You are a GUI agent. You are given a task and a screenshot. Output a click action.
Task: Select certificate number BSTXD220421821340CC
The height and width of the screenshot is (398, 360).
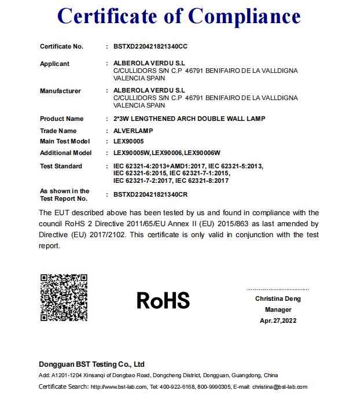point(150,46)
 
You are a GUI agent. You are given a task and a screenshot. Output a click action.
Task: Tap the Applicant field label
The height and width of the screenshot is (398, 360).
point(54,64)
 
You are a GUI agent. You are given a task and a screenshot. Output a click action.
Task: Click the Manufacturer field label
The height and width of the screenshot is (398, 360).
point(60,91)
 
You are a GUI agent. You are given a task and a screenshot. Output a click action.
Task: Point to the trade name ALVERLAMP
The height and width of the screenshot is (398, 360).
point(133,131)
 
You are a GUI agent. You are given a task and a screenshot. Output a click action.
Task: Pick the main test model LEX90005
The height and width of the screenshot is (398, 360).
point(128,141)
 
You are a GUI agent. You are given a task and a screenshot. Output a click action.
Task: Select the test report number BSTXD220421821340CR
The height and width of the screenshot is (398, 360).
point(150,195)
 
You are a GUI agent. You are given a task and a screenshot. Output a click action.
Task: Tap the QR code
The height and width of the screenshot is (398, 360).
point(64,297)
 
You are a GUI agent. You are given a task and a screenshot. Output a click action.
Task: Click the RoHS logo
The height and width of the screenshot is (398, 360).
point(163,300)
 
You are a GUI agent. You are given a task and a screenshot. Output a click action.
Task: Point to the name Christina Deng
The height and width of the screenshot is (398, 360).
point(278,299)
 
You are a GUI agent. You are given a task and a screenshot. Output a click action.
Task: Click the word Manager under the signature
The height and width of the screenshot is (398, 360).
point(278,309)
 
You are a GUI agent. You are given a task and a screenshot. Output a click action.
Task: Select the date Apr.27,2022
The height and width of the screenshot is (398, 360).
point(278,320)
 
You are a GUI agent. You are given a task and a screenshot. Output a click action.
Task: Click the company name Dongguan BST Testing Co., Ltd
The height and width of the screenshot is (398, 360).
point(91,364)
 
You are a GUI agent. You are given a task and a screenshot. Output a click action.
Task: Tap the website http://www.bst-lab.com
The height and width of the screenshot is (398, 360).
point(119,386)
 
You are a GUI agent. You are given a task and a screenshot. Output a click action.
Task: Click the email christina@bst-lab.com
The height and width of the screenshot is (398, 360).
point(281,386)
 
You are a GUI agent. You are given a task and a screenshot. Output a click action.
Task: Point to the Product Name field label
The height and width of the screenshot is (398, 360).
point(61,119)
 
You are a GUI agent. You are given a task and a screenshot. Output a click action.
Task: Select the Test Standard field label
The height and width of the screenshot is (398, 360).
point(61,166)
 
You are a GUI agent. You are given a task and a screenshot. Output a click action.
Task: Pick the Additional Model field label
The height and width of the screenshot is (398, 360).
point(65,153)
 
